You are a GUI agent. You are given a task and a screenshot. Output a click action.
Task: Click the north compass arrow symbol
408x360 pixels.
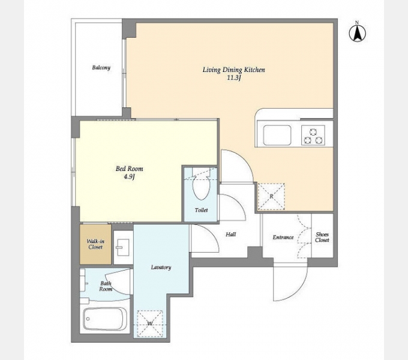(357, 32)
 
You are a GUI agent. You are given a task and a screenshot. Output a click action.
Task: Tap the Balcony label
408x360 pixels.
(101, 68)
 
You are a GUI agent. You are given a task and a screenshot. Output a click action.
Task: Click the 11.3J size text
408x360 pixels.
(233, 78)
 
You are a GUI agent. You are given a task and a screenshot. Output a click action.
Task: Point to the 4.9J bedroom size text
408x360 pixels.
(130, 177)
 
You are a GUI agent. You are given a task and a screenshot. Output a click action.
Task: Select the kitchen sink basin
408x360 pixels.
(277, 135)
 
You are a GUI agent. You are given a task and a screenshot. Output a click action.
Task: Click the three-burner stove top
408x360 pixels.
(313, 135)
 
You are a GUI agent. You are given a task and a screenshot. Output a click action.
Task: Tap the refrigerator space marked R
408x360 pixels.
(271, 196)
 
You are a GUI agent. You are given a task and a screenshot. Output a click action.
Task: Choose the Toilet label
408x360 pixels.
(201, 210)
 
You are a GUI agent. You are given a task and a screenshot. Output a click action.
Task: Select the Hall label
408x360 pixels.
(231, 235)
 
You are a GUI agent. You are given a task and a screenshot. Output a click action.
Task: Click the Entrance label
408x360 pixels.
(283, 237)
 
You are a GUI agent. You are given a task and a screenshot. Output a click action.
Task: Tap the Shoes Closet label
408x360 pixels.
(322, 237)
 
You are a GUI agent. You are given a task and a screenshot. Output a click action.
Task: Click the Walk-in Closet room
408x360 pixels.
(95, 244)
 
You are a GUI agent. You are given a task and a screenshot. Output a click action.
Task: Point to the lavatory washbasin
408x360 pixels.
(123, 247)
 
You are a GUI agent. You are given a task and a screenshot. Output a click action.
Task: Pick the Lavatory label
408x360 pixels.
(161, 268)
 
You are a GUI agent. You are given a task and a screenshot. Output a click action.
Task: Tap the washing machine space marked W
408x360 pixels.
(150, 324)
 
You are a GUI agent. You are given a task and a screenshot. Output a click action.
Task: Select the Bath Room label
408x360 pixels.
(106, 286)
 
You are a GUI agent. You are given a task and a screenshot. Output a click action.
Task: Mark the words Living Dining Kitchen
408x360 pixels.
(233, 70)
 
